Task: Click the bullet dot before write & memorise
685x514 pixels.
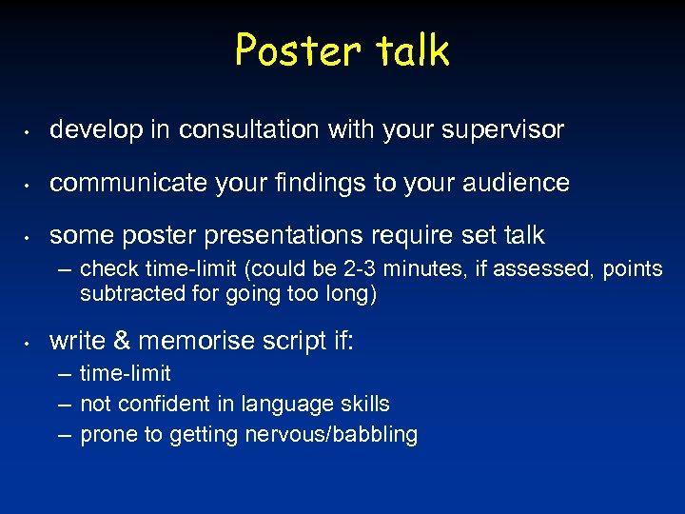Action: click(x=29, y=342)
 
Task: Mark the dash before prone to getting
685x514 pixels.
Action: click(x=65, y=435)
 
